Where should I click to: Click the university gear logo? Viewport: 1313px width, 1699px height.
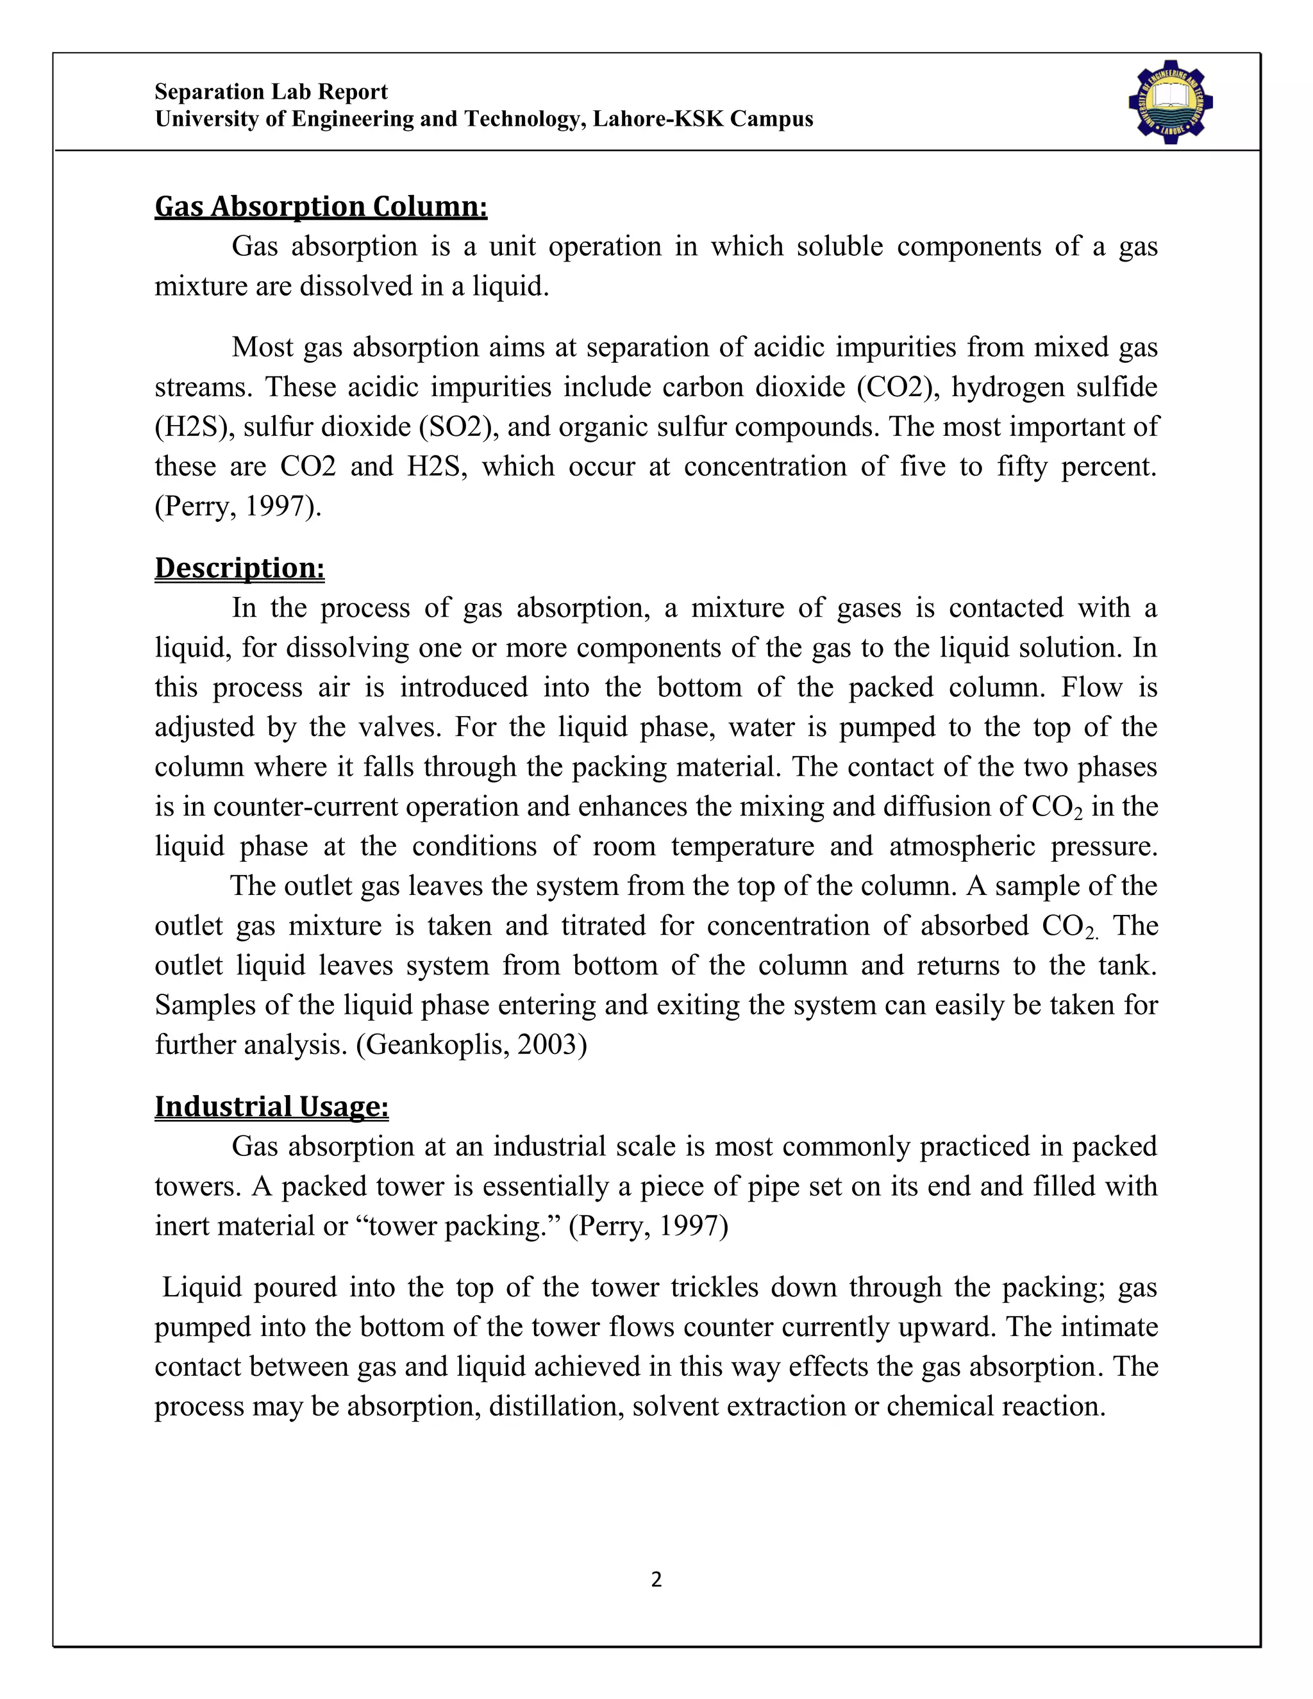point(1171,102)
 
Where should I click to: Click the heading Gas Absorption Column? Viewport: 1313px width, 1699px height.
point(321,207)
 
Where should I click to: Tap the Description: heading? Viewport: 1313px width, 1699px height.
point(240,568)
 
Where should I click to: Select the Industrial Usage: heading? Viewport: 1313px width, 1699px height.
point(271,1106)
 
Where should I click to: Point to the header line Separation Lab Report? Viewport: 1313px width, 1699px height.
point(271,92)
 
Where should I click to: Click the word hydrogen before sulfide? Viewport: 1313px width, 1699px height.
point(999,387)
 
